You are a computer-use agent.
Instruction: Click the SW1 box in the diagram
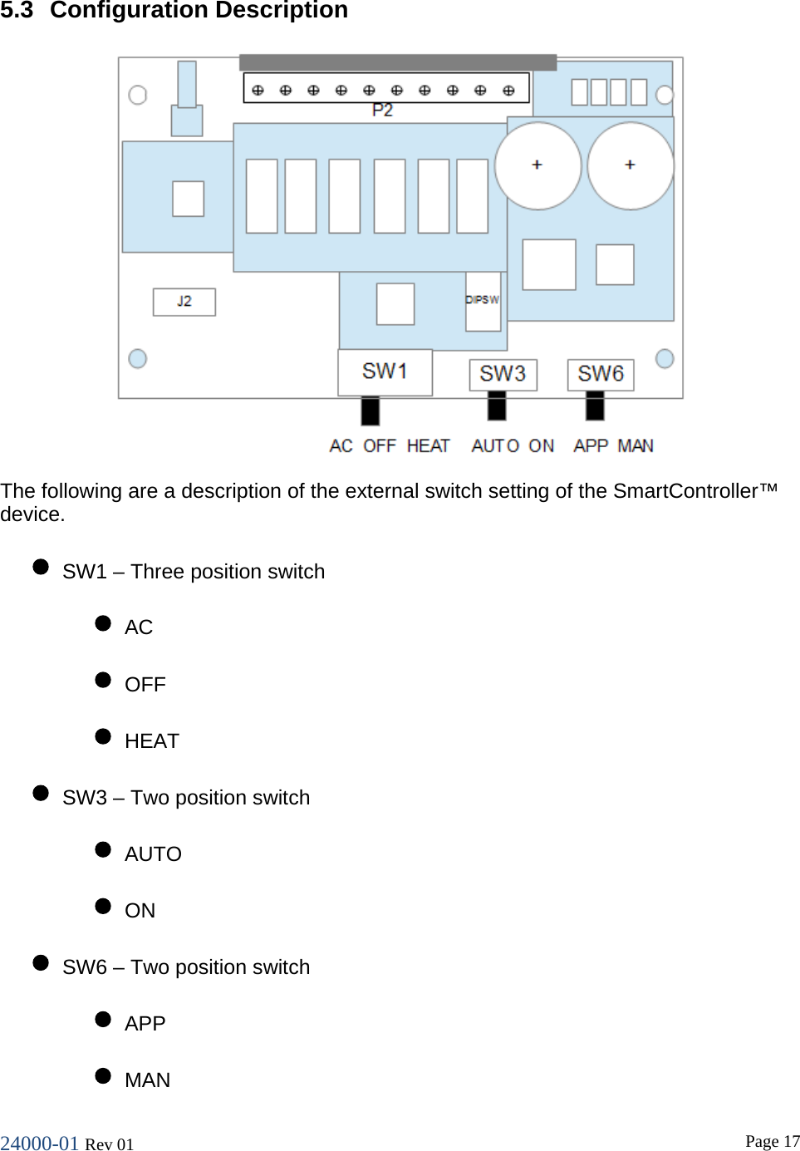[385, 371]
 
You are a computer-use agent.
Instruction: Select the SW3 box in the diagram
[503, 374]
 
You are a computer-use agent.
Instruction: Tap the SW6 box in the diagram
[601, 374]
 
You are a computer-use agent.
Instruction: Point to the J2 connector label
[184, 302]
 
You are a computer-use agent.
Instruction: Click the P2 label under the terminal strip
[382, 111]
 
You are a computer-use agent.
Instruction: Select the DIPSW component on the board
[483, 300]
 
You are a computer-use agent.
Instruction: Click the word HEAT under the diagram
[428, 446]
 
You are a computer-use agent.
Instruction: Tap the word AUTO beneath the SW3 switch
[495, 446]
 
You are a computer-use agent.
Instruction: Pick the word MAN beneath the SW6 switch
[636, 446]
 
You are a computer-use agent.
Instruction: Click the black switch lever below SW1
[371, 411]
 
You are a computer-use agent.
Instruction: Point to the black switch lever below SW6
[595, 406]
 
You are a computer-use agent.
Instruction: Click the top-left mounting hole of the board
[138, 95]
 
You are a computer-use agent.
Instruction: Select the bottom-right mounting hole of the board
[665, 358]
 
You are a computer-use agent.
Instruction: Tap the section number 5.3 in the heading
[17, 11]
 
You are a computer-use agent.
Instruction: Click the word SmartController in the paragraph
[685, 491]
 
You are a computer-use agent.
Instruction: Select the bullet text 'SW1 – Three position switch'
[194, 572]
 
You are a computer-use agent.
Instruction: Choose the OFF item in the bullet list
[145, 685]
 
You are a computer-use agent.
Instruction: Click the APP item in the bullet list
[145, 1024]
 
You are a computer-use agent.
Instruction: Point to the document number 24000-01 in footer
[39, 1144]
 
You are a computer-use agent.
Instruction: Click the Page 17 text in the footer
[772, 1141]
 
